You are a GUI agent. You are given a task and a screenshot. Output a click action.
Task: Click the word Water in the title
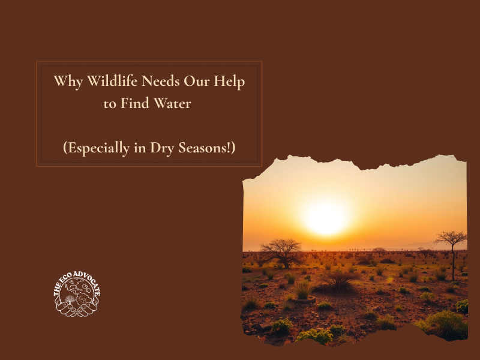pyautogui.click(x=173, y=103)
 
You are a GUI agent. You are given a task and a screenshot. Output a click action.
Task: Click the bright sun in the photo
pyautogui.click(x=326, y=218)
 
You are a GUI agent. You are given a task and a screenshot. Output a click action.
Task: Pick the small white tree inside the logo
pyautogui.click(x=71, y=299)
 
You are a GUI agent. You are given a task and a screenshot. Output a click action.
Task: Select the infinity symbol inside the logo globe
pyautogui.click(x=83, y=296)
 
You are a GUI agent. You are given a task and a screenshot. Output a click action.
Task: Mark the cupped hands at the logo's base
pyautogui.click(x=77, y=309)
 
